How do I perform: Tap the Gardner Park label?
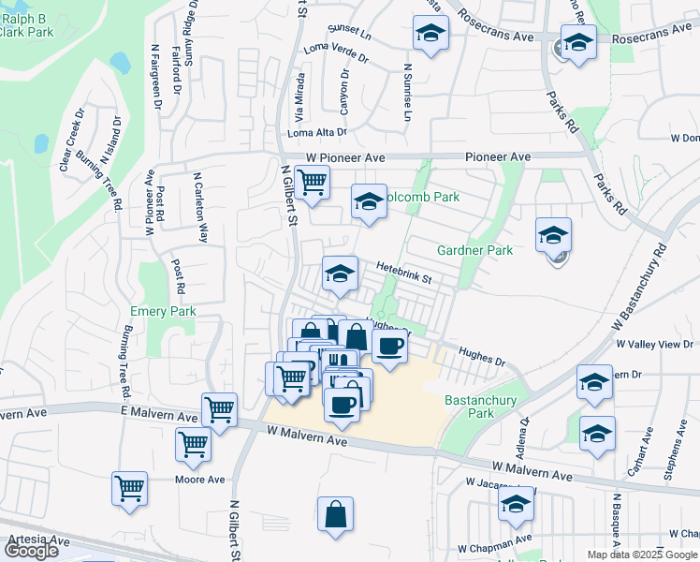474,250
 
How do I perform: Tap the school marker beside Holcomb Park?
369,201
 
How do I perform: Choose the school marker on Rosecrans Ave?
578,42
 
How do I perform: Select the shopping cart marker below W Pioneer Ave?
312,182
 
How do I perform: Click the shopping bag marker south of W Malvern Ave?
335,514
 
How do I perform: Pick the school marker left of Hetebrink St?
340,274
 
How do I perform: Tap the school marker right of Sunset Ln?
430,33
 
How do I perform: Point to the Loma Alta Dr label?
317,133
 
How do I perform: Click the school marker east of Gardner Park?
553,235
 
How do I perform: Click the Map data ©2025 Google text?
642,555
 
